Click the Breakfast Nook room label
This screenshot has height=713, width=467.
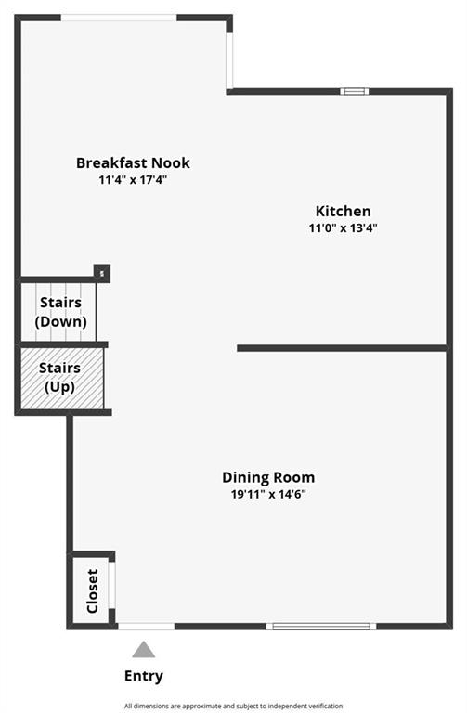pos(133,162)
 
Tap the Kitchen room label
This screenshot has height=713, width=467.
pos(344,211)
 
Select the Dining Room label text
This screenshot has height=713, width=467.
pos(268,477)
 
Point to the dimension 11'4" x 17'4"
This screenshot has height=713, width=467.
pos(133,179)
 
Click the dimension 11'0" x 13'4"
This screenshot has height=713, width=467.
pos(344,227)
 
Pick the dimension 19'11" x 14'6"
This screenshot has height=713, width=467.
pos(268,494)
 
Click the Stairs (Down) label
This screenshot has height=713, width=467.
pos(61,312)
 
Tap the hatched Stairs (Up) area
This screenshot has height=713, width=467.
pos(62,379)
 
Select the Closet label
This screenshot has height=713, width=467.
pos(92,590)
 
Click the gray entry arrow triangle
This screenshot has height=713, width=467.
pos(144,650)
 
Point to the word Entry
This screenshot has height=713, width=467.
pos(144,676)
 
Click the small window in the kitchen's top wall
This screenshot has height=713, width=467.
pos(355,91)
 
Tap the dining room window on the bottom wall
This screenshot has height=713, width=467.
pos(321,626)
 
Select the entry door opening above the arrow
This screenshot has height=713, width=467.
pos(147,626)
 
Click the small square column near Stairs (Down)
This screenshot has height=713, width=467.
pos(102,273)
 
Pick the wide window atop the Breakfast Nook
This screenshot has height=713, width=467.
pos(119,18)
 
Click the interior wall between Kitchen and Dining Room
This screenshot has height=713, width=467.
pos(342,348)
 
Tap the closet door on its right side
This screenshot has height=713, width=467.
pos(111,585)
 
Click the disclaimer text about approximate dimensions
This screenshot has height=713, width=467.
pos(233,706)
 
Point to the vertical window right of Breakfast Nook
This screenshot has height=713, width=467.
pos(229,60)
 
